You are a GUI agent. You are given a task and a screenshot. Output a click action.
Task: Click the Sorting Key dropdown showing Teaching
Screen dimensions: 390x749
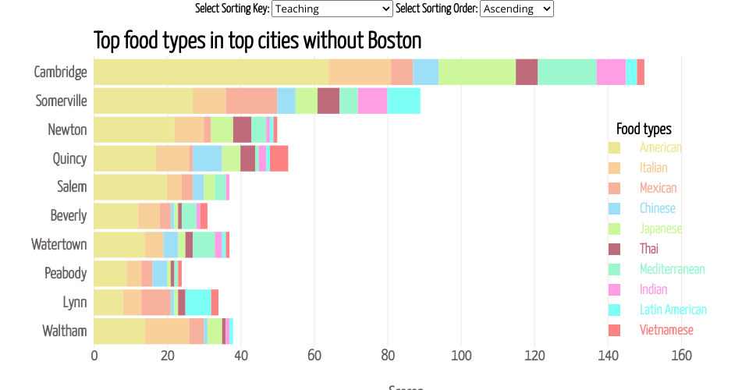(332, 9)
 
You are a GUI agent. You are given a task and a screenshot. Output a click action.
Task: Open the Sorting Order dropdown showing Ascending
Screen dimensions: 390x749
(516, 9)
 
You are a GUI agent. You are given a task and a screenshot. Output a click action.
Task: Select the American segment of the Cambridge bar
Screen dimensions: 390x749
(211, 72)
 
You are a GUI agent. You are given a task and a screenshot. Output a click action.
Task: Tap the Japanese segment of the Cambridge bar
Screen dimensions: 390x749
(477, 72)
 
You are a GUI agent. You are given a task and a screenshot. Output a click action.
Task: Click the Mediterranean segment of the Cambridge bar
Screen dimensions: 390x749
(566, 72)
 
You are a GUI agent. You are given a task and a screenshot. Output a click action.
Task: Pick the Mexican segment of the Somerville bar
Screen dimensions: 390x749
(251, 101)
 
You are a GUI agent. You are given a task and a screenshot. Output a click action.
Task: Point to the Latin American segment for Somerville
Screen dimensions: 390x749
(403, 101)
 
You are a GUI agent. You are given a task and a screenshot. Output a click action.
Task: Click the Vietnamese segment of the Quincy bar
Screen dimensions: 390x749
(279, 158)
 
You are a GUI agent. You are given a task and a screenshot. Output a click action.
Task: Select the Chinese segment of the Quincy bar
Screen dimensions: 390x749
(208, 158)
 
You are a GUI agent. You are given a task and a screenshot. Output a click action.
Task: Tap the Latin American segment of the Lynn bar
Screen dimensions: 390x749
(198, 302)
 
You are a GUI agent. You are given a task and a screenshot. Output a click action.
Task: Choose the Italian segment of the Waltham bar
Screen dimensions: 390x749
(167, 331)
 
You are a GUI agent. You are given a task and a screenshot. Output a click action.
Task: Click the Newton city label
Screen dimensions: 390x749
(67, 129)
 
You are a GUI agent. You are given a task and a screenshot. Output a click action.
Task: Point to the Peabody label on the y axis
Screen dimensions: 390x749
(66, 273)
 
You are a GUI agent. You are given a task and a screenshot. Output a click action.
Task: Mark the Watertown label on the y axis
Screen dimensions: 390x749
(59, 244)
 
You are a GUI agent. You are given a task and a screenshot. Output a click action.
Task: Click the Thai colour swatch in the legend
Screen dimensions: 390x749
(614, 249)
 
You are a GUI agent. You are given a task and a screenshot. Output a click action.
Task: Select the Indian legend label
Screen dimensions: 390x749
(653, 289)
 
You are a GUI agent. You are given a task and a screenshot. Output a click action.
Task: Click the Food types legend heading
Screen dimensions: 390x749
(644, 129)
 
